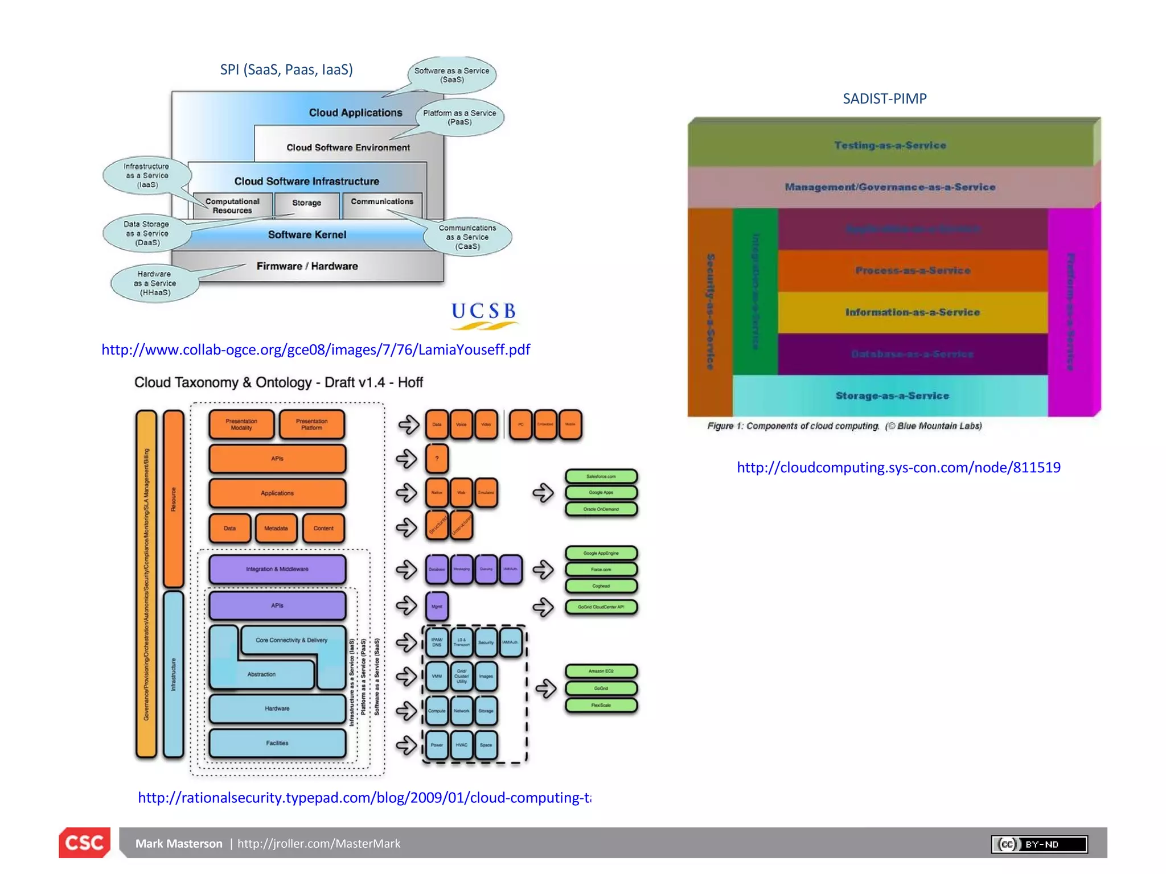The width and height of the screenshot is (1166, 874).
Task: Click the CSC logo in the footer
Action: click(84, 842)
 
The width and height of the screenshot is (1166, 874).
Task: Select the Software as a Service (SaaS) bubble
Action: click(451, 75)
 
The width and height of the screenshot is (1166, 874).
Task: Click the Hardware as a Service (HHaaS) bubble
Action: click(155, 283)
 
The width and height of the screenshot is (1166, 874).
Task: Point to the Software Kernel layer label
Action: click(307, 234)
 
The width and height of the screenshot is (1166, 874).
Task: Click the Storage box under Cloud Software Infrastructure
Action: click(307, 203)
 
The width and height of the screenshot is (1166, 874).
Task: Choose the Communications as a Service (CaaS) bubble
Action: click(467, 237)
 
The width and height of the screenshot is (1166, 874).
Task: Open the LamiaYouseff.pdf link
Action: click(315, 349)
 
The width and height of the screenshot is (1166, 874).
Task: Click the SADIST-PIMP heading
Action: click(884, 99)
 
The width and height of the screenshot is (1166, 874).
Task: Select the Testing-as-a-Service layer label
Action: click(890, 146)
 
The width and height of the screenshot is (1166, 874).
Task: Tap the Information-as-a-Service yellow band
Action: click(912, 312)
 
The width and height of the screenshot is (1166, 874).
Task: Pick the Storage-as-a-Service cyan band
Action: click(892, 395)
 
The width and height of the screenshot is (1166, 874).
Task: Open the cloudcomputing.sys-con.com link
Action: click(898, 467)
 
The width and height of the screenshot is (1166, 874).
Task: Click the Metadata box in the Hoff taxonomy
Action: click(276, 528)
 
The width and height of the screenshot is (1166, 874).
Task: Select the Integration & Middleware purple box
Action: click(277, 569)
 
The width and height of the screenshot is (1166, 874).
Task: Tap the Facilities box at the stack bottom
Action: click(277, 743)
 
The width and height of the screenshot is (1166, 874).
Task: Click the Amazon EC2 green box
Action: click(601, 671)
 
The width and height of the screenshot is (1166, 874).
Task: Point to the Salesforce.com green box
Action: click(601, 476)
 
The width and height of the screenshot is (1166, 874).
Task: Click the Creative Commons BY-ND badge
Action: click(1039, 844)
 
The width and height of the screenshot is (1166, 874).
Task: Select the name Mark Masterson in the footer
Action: click(179, 843)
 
